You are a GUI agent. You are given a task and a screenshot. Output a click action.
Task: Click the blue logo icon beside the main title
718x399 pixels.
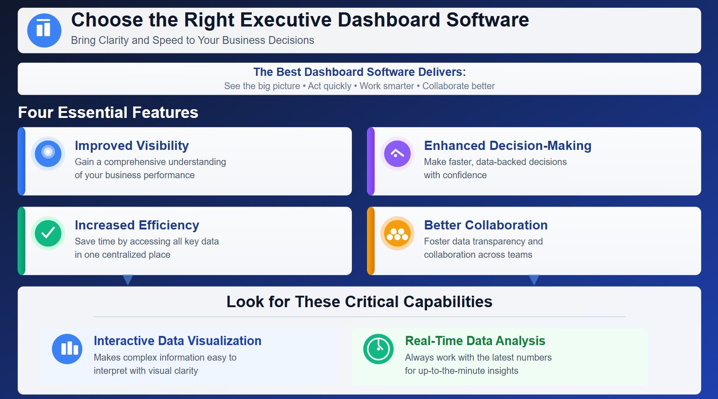coord(44,30)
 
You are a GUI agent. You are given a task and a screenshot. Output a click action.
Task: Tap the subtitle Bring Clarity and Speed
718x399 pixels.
coord(192,40)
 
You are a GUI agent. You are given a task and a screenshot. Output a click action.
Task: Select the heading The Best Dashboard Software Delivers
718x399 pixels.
coord(359,72)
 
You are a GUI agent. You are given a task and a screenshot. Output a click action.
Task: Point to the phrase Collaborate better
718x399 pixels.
coord(458,86)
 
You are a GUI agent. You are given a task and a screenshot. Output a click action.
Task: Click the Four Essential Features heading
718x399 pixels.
coord(108,112)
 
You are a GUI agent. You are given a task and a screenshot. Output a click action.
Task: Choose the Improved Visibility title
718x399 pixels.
coord(132,145)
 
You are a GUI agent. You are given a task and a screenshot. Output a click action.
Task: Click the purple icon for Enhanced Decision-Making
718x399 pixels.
coord(397,154)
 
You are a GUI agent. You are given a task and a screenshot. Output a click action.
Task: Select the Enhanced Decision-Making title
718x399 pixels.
coord(507,145)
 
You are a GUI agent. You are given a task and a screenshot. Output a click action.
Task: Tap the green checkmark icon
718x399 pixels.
coord(48,233)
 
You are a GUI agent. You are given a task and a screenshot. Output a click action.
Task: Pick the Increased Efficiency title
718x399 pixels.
coord(137,225)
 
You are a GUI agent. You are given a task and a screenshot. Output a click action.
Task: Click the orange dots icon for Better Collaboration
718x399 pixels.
coord(397,234)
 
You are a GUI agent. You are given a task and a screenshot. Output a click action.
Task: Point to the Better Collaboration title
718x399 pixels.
coord(486,225)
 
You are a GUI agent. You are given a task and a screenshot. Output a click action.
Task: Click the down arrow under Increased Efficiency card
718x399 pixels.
coord(128,279)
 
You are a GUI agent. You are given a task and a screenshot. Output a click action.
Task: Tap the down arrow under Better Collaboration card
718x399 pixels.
coord(534,279)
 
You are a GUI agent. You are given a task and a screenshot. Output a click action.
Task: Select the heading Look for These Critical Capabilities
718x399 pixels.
coord(359,302)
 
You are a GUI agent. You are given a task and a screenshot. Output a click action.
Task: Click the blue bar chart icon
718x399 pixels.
coord(67,349)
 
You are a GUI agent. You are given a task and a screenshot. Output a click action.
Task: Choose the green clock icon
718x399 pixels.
coord(378,349)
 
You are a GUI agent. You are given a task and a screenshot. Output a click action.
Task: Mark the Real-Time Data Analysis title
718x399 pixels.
coord(475,340)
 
